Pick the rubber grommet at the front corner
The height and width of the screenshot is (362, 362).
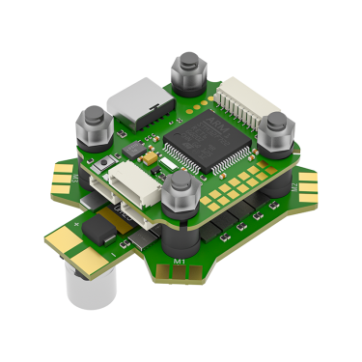coord(180,198)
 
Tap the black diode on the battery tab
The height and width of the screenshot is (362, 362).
coord(99,228)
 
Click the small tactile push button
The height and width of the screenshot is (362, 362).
coord(129,153)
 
